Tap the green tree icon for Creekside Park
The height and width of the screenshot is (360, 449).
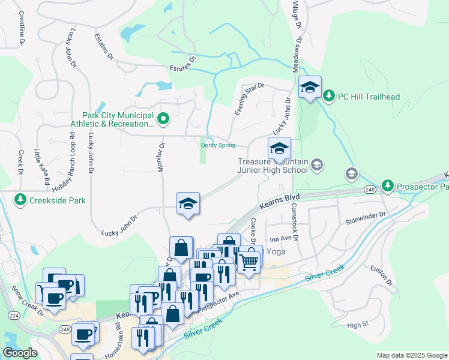[x=20, y=199]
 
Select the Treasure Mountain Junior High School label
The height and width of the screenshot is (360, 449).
[x=273, y=166]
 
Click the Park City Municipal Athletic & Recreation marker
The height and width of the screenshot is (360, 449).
[x=161, y=118]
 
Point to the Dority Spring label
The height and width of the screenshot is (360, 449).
[x=218, y=145]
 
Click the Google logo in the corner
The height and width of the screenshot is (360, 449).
[x=20, y=353]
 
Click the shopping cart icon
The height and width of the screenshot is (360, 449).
[x=249, y=261]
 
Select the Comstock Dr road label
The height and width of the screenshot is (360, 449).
[x=295, y=221]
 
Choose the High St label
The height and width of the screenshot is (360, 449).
[x=358, y=325]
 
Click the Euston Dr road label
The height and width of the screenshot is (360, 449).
[x=381, y=274]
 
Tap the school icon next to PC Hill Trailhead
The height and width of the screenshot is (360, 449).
[x=310, y=88]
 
